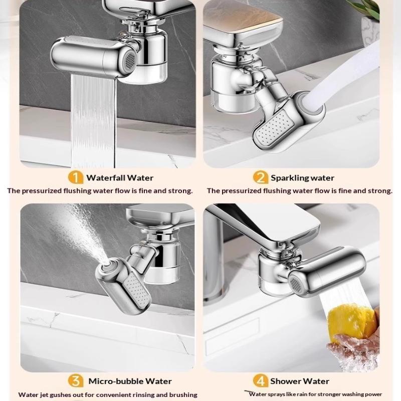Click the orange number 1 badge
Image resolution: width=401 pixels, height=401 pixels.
[x=76, y=177]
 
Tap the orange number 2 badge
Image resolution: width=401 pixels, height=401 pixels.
[x=260, y=177]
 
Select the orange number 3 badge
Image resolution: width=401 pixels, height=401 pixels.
[x=76, y=381]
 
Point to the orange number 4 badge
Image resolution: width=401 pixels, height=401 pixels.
[x=260, y=381]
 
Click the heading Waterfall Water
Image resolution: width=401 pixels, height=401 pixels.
[x=120, y=178]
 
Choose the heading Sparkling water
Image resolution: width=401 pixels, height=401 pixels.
[x=302, y=178]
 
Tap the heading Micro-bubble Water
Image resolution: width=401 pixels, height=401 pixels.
[x=130, y=381]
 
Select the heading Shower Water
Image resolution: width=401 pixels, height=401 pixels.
[x=299, y=381]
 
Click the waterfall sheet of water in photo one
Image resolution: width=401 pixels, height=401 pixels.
[x=93, y=120]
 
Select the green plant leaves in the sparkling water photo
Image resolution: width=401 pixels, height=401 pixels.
[x=366, y=8]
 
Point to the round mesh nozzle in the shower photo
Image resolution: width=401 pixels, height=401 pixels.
[x=295, y=283]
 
